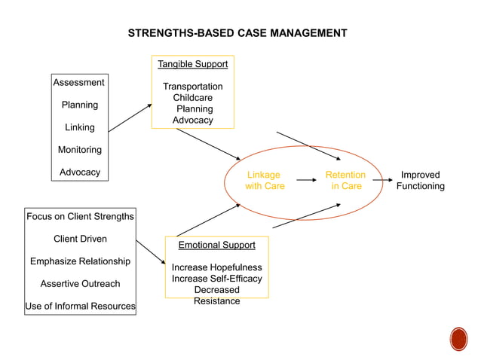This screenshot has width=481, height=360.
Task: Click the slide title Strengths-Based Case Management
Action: (x=237, y=33)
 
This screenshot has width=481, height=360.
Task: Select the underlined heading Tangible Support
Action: (x=192, y=64)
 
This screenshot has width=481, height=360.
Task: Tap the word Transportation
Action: (x=192, y=87)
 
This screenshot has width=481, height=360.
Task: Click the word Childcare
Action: (x=192, y=98)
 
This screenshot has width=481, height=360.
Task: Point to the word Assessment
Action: (x=78, y=82)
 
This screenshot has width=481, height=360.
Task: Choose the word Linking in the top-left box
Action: (x=79, y=127)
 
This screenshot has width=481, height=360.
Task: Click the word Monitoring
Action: (x=79, y=150)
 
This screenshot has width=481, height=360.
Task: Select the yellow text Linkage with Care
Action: (x=265, y=180)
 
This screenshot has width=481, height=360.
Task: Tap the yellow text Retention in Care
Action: (x=345, y=180)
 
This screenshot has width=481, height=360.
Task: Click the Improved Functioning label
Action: (x=420, y=180)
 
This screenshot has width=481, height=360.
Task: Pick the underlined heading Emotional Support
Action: (x=216, y=245)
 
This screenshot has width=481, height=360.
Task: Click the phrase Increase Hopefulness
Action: (x=216, y=267)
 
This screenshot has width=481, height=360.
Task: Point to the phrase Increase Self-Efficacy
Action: (x=216, y=279)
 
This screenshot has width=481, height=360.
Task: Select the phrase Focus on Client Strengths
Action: (x=80, y=216)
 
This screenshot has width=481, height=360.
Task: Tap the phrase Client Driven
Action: (x=80, y=239)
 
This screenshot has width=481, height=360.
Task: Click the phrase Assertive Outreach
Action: (x=80, y=284)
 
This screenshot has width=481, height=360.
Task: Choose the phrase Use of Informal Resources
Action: (x=80, y=307)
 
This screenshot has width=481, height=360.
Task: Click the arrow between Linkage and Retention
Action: (x=305, y=180)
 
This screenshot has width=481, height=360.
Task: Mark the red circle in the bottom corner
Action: (x=458, y=339)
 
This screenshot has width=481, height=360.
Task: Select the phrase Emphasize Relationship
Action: (x=80, y=261)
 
